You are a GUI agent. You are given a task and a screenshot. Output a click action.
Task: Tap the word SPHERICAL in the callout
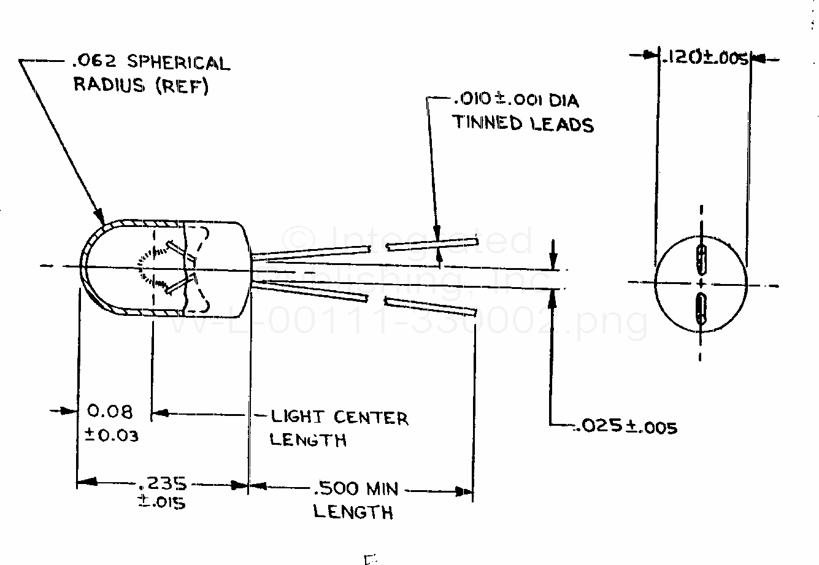178,63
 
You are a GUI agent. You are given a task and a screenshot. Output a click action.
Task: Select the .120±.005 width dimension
704,58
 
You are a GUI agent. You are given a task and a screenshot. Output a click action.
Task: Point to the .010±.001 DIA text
515,100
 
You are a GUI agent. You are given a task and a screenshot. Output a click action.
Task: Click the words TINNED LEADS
523,123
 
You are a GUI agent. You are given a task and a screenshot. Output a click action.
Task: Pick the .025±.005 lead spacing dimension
626,426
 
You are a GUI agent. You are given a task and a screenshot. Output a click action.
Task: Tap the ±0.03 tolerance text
111,436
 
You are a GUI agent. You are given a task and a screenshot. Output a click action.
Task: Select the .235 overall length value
163,483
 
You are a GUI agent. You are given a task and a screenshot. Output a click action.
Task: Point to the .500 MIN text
355,489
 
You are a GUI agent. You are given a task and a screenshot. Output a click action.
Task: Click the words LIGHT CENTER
339,418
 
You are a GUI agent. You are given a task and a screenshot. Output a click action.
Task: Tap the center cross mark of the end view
701,284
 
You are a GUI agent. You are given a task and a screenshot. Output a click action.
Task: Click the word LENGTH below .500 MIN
353,512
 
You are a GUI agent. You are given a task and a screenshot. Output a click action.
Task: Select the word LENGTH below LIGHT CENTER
307,440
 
